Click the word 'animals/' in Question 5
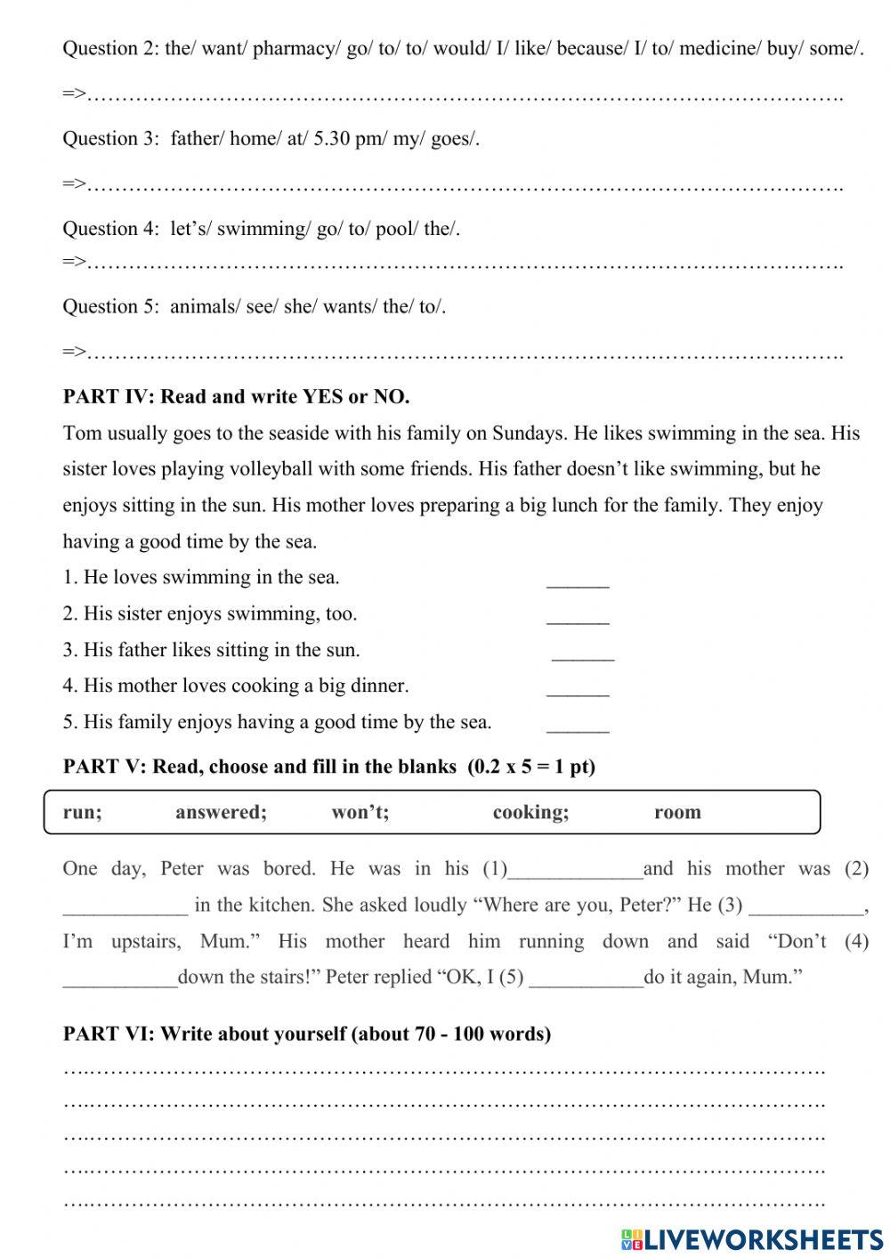click(x=205, y=307)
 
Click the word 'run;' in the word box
click(x=82, y=812)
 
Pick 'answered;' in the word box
click(x=221, y=812)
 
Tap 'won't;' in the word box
click(x=360, y=812)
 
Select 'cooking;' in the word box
click(x=530, y=812)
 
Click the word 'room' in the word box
click(x=677, y=812)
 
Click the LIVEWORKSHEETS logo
click(x=752, y=1238)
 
